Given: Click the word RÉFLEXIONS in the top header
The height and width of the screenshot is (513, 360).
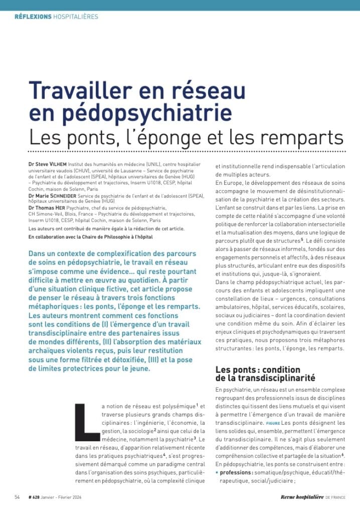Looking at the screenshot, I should click(x=33, y=17).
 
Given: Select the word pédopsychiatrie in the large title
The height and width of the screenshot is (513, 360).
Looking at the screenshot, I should click(x=127, y=112).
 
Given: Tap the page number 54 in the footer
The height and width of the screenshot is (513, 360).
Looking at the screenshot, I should click(x=17, y=497).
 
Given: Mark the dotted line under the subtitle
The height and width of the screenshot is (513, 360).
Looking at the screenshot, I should click(x=187, y=150).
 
